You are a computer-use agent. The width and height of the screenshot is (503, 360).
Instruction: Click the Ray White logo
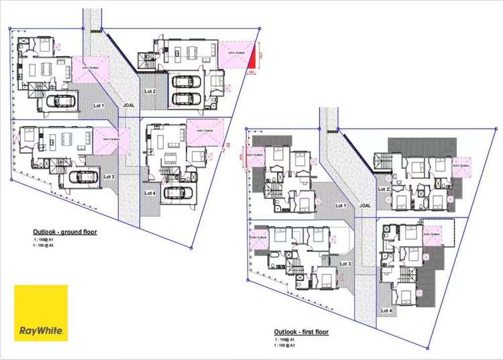click(x=41, y=312)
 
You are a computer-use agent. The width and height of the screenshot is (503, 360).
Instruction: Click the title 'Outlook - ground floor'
click(x=60, y=232)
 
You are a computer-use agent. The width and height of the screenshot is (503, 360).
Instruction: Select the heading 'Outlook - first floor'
click(x=301, y=332)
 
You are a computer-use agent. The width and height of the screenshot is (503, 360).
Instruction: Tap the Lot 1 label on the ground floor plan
click(x=99, y=105)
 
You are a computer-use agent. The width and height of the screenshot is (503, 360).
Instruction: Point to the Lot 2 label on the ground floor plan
click(x=150, y=91)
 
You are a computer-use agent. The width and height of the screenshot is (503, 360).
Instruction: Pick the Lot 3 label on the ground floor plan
click(x=109, y=177)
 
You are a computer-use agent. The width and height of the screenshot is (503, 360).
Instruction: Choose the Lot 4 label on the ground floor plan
click(x=150, y=192)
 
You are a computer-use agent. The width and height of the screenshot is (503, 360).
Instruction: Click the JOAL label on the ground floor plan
click(x=128, y=105)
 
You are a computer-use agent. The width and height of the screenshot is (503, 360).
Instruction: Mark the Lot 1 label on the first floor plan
click(x=341, y=206)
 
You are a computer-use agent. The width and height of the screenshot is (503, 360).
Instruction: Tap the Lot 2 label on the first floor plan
click(x=384, y=189)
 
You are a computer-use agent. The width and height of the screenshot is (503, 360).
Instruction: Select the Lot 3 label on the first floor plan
click(x=345, y=263)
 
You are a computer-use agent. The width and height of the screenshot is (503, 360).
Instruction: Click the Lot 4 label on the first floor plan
click(x=386, y=310)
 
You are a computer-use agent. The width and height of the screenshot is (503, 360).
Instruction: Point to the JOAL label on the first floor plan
click(x=366, y=206)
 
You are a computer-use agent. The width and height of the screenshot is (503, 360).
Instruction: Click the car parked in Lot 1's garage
click(x=61, y=101)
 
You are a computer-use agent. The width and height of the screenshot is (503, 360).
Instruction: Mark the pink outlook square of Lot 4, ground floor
click(x=203, y=131)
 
